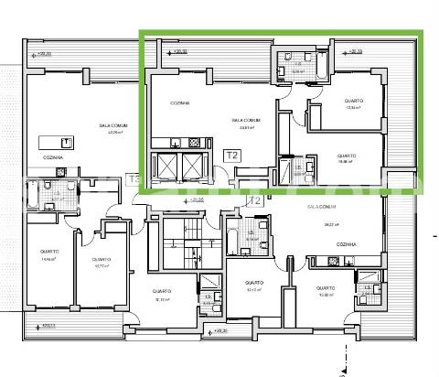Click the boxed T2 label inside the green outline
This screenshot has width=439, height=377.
[232, 156]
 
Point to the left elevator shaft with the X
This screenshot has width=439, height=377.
[169, 166]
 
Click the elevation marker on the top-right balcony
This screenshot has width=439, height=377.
[354, 52]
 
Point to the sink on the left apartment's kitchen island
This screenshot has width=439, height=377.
[67, 142]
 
